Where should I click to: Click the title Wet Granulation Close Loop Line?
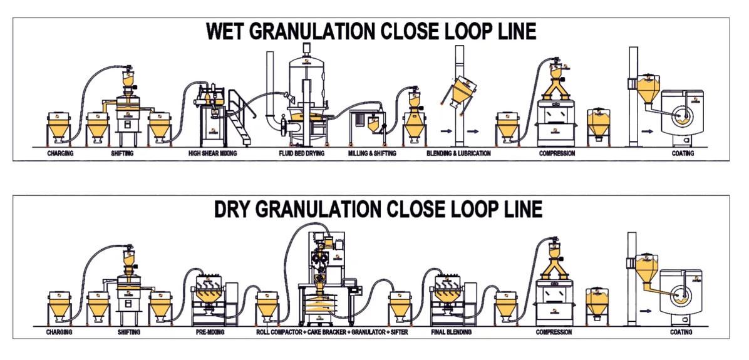click(371, 31)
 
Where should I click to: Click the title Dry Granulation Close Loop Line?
click(378, 209)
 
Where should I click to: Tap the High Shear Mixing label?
click(212, 153)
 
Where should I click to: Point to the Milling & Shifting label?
click(373, 153)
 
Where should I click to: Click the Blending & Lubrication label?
click(458, 153)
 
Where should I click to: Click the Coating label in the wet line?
click(682, 153)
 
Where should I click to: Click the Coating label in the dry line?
click(681, 332)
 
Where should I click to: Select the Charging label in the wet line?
click(59, 153)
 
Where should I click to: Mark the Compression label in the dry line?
click(554, 332)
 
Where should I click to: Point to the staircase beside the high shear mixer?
click(239, 119)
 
